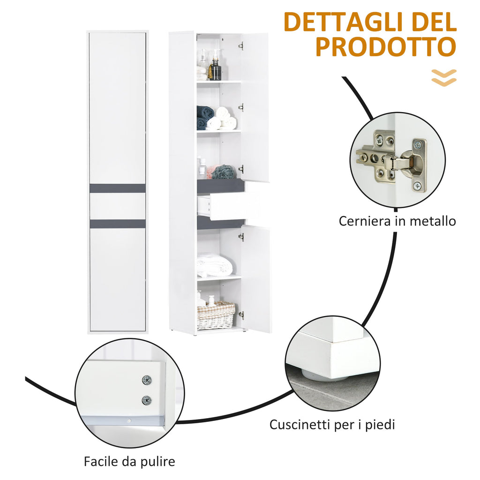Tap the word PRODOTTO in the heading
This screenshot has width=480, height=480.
(x=386, y=47)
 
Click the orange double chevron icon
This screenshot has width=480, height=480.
(x=444, y=78)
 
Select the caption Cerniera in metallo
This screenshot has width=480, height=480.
(x=397, y=221)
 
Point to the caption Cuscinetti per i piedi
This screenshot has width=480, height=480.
(x=332, y=425)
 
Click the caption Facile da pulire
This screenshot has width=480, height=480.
(x=129, y=461)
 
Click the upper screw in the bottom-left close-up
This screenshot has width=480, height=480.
(x=147, y=380)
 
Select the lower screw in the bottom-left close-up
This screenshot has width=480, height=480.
(x=147, y=400)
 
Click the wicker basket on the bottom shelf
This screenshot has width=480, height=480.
(x=216, y=315)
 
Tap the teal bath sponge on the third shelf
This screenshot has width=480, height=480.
(x=224, y=172)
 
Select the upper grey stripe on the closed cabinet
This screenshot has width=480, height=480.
(x=118, y=188)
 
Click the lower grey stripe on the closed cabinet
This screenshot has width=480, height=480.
(x=118, y=224)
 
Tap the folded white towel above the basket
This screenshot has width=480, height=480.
(x=214, y=265)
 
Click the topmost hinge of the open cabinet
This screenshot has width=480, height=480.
(x=241, y=46)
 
